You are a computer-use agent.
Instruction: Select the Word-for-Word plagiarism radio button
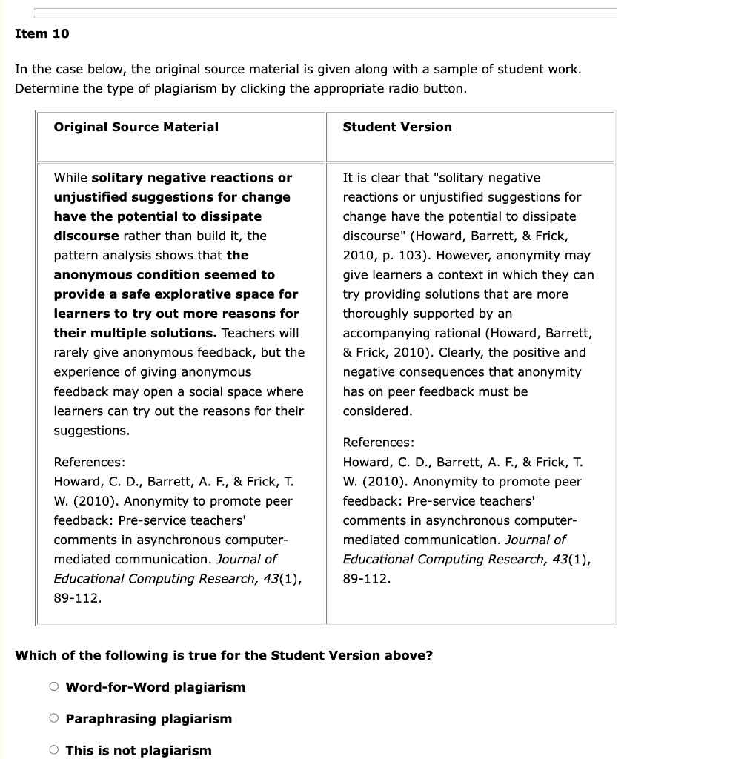tap(54, 686)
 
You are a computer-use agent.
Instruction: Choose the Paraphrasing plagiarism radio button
tap(54, 718)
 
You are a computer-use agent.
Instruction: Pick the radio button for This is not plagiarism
tap(54, 749)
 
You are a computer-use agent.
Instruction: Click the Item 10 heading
tap(42, 33)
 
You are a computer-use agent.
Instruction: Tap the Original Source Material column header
tap(136, 127)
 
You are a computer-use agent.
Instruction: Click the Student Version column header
tap(396, 127)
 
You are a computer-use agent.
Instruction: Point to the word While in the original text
tap(70, 178)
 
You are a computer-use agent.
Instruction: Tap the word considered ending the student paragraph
tap(376, 411)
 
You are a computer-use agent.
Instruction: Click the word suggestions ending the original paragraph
tap(90, 431)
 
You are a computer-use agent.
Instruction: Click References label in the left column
tap(89, 462)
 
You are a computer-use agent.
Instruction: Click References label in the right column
tap(378, 443)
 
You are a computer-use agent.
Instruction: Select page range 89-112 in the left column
tap(77, 598)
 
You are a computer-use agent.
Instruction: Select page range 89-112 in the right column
tap(366, 579)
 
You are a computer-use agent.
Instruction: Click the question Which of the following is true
tap(224, 655)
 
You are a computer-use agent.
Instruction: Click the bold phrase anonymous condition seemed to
tap(164, 275)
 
